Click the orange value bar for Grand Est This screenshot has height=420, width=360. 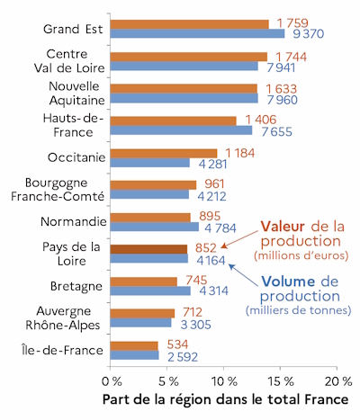tap(190, 22)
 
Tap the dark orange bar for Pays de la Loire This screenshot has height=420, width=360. tap(149, 249)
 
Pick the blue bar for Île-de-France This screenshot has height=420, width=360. tap(135, 355)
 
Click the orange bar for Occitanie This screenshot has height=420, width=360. tap(165, 153)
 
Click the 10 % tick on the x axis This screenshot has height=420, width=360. tap(224, 371)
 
